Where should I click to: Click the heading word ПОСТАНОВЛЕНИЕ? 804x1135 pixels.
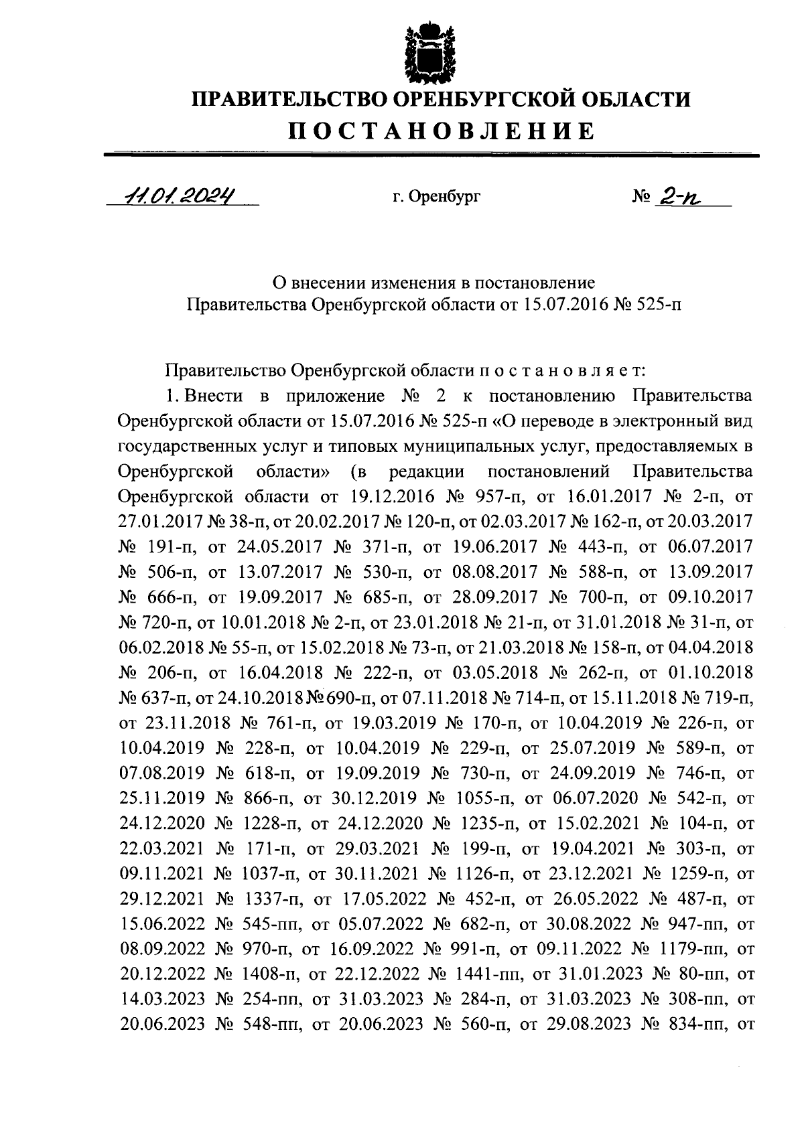(x=442, y=130)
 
